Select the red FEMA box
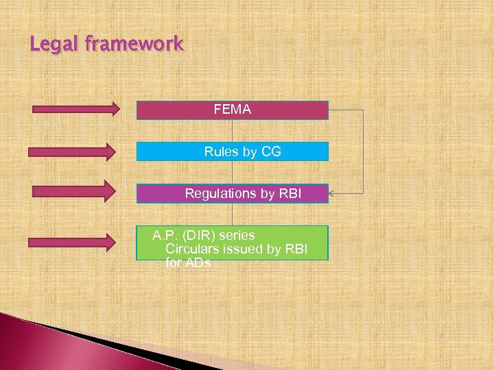233,110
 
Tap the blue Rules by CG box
233,151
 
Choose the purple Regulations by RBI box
233,194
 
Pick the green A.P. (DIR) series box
233,243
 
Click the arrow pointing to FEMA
73,108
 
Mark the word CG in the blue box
271,151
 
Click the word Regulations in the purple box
220,194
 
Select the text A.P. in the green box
165,236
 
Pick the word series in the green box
235,236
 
